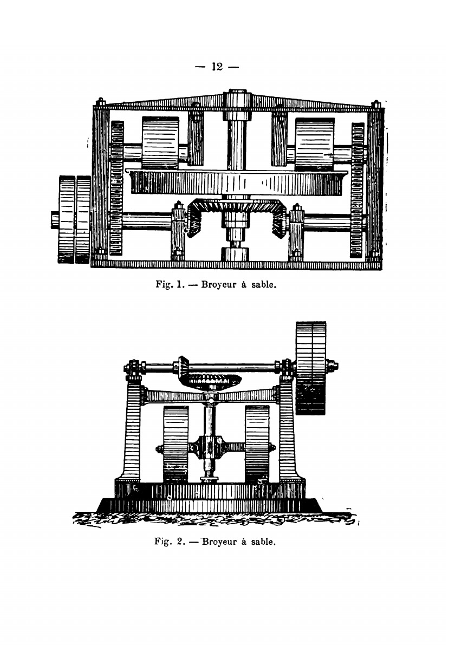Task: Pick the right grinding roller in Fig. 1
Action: tap(315, 143)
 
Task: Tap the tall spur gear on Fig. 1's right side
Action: tap(357, 190)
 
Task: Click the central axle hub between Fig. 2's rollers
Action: tap(209, 448)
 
